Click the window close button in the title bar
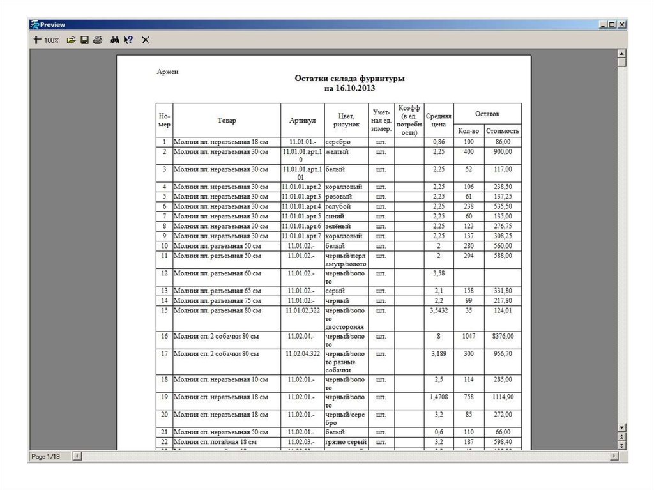[621, 24]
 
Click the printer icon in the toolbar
[97, 40]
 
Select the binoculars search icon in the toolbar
[114, 40]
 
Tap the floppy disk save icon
[84, 40]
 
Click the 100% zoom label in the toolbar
[51, 40]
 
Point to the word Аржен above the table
[167, 72]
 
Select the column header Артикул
[302, 120]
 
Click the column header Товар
[226, 120]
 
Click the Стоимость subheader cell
[503, 130]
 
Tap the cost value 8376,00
[502, 336]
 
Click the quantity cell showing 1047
[469, 336]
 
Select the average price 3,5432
[439, 310]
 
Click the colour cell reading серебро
[338, 141]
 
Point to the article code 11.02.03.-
[301, 441]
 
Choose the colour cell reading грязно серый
[345, 441]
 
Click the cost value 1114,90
[502, 397]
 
